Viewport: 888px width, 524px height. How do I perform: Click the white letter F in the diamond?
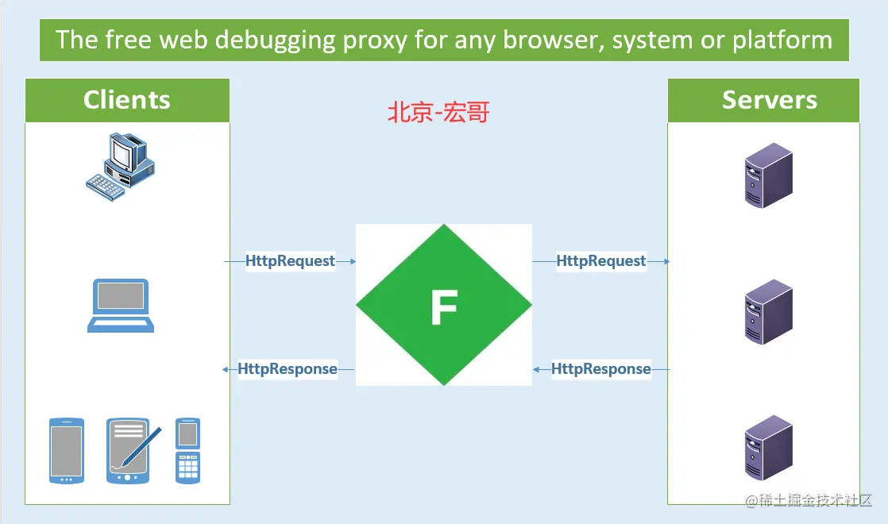pyautogui.click(x=444, y=307)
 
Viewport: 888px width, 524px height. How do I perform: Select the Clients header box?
pyautogui.click(x=127, y=100)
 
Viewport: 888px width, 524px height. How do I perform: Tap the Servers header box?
pyautogui.click(x=769, y=100)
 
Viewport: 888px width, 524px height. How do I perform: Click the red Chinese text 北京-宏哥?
pyautogui.click(x=438, y=113)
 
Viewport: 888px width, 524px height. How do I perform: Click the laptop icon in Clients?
pyautogui.click(x=120, y=306)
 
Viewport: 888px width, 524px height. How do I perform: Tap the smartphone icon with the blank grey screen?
pyautogui.click(x=66, y=450)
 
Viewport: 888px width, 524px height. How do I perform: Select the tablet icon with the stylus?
pyautogui.click(x=131, y=450)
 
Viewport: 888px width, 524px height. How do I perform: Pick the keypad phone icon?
pyautogui.click(x=187, y=450)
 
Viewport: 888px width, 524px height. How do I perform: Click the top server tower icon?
pyautogui.click(x=768, y=175)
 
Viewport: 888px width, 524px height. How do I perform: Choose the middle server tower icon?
pyautogui.click(x=768, y=311)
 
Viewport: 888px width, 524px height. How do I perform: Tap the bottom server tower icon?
pyautogui.click(x=768, y=447)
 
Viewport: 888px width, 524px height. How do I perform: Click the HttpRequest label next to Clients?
pyautogui.click(x=290, y=261)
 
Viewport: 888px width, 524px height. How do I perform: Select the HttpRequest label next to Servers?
pyautogui.click(x=601, y=261)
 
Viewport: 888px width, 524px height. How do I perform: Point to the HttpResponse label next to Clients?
pyautogui.click(x=288, y=369)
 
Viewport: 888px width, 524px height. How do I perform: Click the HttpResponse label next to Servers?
pyautogui.click(x=601, y=369)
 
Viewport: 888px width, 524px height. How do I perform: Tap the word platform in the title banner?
pyautogui.click(x=782, y=40)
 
